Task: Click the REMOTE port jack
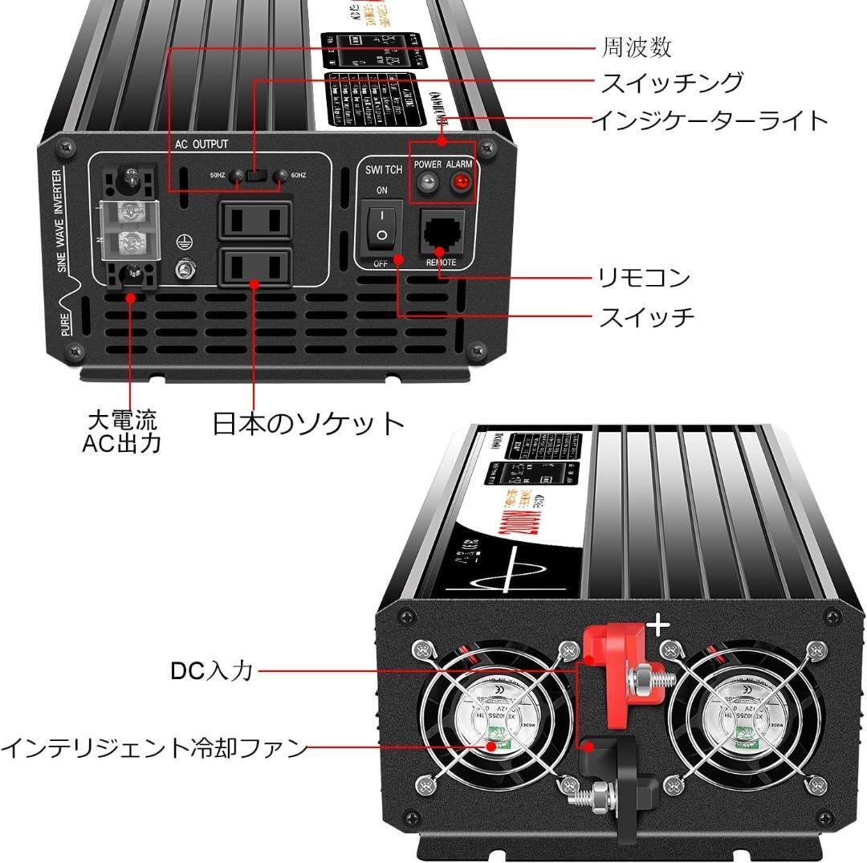click(x=442, y=233)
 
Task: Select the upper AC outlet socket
click(x=254, y=218)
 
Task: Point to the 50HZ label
click(x=218, y=175)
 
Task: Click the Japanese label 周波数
click(x=637, y=47)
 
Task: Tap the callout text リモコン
click(x=645, y=278)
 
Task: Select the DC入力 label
click(x=212, y=671)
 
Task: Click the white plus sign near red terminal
click(x=659, y=625)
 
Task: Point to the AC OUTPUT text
click(x=201, y=145)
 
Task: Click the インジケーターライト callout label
click(x=710, y=120)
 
